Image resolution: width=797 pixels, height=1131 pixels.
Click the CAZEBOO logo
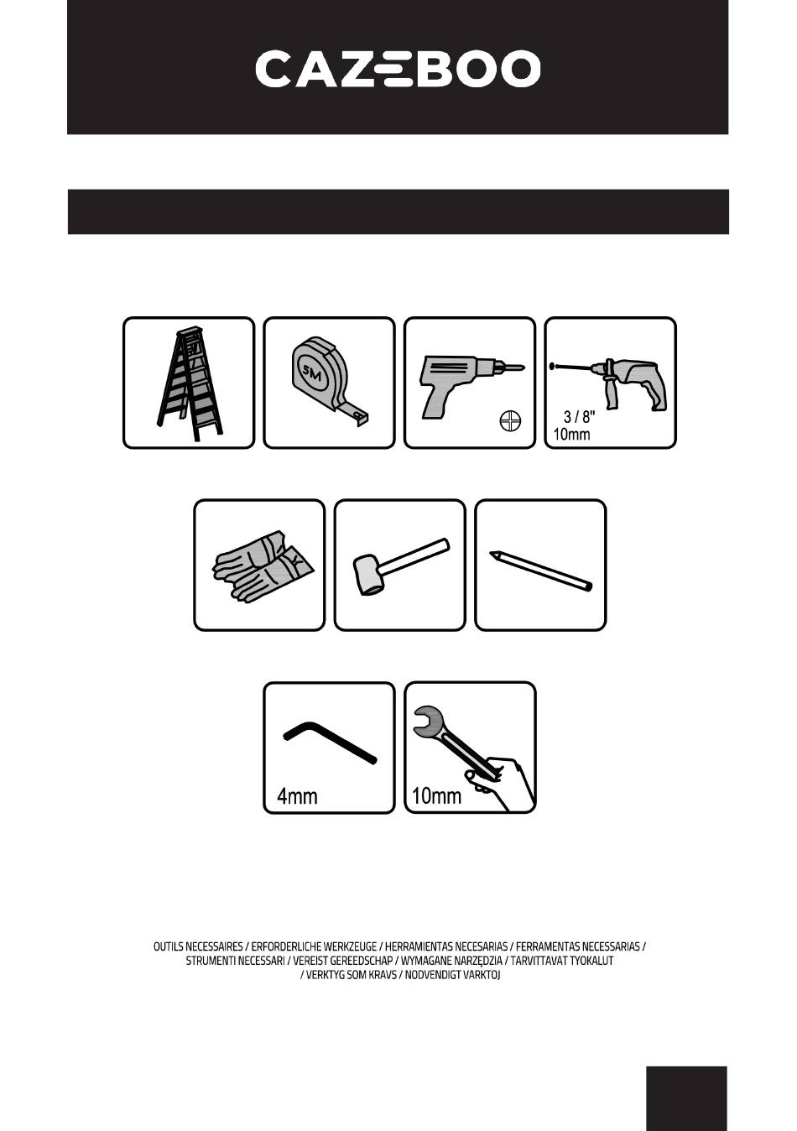[398, 68]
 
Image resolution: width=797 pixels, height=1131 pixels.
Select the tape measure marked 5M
[331, 380]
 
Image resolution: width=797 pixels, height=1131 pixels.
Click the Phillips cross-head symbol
[510, 420]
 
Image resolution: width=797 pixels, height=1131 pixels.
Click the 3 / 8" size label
[580, 416]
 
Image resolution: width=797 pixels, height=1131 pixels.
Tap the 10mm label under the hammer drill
[571, 434]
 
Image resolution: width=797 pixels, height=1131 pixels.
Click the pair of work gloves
[263, 565]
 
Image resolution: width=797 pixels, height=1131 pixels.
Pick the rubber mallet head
[369, 574]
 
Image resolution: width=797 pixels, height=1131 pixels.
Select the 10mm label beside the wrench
[436, 796]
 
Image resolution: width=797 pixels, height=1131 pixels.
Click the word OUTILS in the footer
[168, 946]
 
